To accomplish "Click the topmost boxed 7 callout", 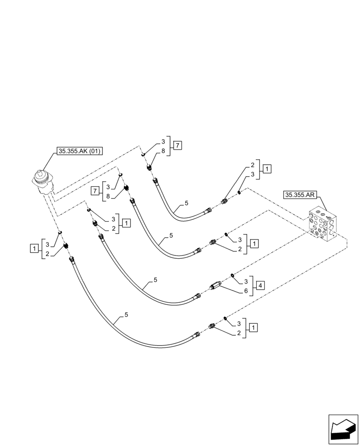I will tap(177, 145).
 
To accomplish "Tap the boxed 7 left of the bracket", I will tap(94, 190).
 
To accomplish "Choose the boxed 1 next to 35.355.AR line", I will tap(266, 169).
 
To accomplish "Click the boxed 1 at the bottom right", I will tap(254, 328).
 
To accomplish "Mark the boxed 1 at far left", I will tap(34, 248).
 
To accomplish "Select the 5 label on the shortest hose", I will tap(186, 203).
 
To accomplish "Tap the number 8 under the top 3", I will tap(163, 151).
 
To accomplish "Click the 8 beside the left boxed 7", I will tap(108, 196).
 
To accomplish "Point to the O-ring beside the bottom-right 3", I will tap(225, 318).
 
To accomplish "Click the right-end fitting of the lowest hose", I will tap(212, 326).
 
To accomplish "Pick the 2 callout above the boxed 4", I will tap(240, 249).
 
